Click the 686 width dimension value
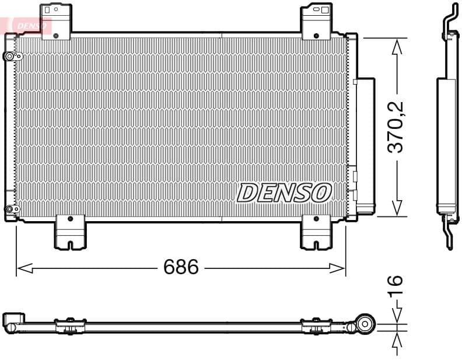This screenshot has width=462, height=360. pos(181,267)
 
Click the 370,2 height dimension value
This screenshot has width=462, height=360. pos(396,127)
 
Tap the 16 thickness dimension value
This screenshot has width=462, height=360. pos(396,285)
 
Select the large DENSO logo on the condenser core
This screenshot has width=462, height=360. pos(284,193)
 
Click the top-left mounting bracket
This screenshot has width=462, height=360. pos(55,22)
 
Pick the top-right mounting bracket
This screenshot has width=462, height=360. pos(316,22)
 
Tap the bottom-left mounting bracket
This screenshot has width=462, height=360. pos(69,232)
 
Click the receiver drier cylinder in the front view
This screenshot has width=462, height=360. pos(365,146)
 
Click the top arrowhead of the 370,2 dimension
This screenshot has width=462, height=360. pos(397,46)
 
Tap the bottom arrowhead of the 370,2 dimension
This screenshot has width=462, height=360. pos(397,208)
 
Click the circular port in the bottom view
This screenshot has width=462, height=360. pos(366,324)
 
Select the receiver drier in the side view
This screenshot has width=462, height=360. pos(447,146)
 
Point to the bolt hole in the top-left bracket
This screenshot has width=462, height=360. pos(56,36)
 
